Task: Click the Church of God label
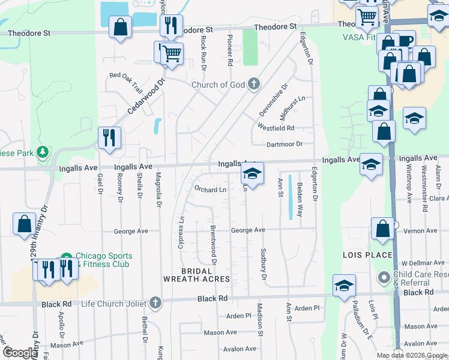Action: coord(218,85)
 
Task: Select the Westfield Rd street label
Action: coord(276,128)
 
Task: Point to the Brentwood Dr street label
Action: coord(213,245)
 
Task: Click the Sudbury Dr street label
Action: coord(263,263)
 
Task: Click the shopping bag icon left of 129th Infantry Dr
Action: coord(24,224)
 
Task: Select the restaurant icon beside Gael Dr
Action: coord(109,138)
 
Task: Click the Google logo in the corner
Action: coord(20,353)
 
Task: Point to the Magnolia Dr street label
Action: coord(159,196)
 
